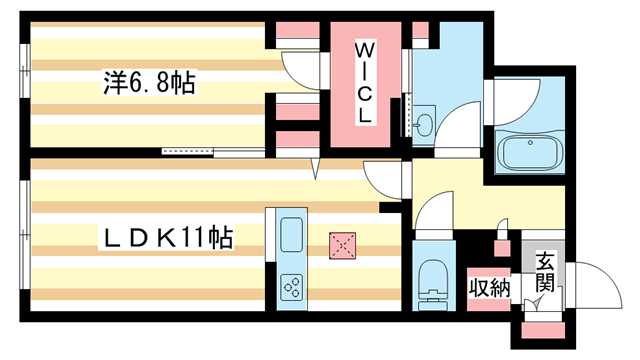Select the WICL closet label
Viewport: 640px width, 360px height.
365,83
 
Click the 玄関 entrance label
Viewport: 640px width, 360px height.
544,271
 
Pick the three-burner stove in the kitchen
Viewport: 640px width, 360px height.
293,288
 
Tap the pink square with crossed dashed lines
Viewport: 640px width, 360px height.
343,243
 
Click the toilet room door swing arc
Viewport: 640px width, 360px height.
433,212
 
